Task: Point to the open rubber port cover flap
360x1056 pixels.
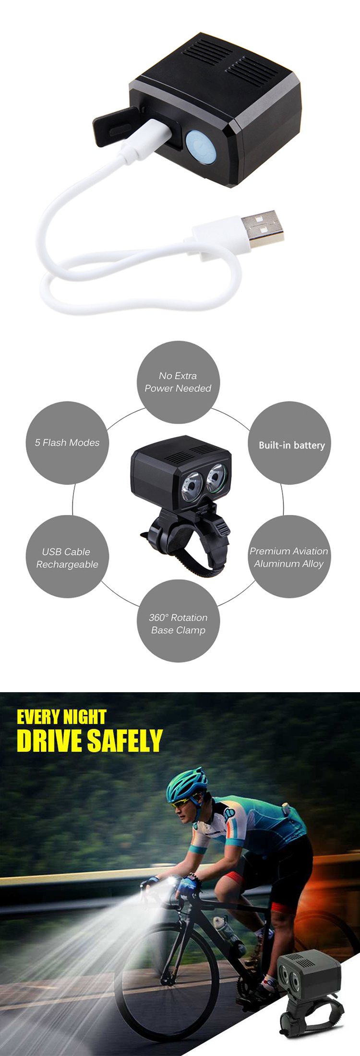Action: (112, 125)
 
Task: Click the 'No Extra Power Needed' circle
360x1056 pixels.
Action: (178, 382)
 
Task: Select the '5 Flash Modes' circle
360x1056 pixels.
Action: (67, 443)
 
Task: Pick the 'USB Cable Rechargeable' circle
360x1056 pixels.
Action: (67, 557)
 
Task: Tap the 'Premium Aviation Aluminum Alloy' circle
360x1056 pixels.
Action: (289, 557)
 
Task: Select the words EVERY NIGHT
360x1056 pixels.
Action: (61, 717)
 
